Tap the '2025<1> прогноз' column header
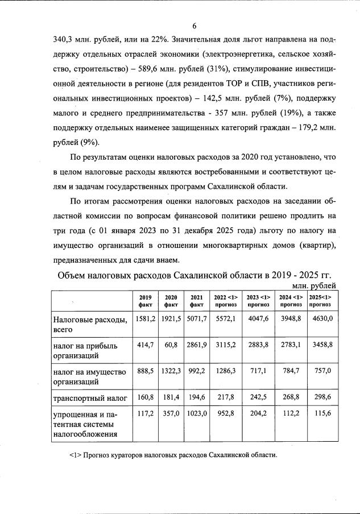click(x=322, y=301)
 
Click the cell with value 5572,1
click(x=226, y=319)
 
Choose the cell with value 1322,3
click(x=171, y=371)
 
